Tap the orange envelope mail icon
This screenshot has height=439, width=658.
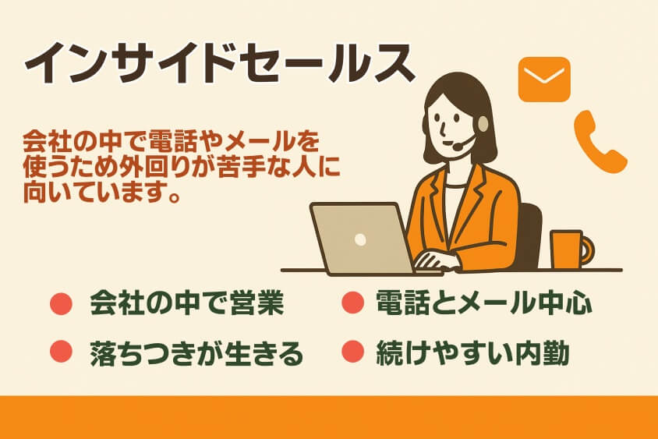click(x=544, y=79)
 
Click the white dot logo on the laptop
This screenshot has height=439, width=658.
click(x=359, y=239)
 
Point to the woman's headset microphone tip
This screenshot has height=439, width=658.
click(x=455, y=145)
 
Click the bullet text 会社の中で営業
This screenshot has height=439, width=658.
click(x=186, y=303)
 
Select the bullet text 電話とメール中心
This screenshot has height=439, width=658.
click(x=483, y=303)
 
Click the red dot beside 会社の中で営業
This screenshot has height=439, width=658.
click(x=61, y=303)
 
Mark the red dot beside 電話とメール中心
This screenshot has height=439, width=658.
click(x=353, y=303)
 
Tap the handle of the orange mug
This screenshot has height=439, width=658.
click(x=586, y=250)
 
